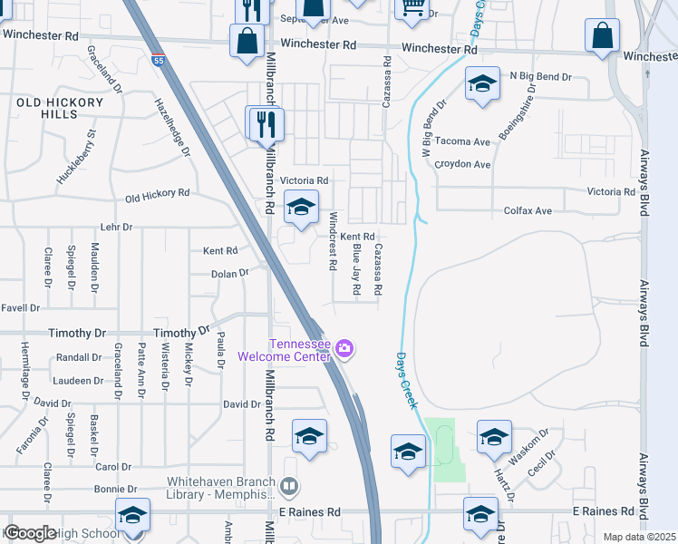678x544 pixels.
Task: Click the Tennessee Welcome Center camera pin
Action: pyautogui.click(x=344, y=348)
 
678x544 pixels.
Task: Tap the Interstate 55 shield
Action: pyautogui.click(x=159, y=61)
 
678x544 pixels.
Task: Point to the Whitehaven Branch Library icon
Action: pyautogui.click(x=289, y=488)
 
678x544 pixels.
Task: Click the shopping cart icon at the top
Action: pyautogui.click(x=412, y=8)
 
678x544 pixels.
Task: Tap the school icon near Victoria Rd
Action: pyautogui.click(x=301, y=207)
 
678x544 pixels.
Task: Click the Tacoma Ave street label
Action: pyautogui.click(x=462, y=142)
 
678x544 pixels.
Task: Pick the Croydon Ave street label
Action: pyautogui.click(x=462, y=165)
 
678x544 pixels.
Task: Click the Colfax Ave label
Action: pyautogui.click(x=528, y=211)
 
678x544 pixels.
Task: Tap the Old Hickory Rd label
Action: pyautogui.click(x=157, y=194)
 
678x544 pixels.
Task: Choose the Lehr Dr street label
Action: pyautogui.click(x=116, y=228)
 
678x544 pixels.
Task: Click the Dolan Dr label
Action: pyautogui.click(x=229, y=273)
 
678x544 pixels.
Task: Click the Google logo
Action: pyautogui.click(x=29, y=533)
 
